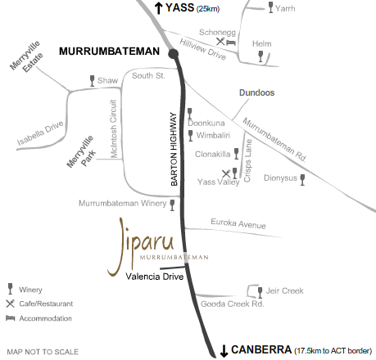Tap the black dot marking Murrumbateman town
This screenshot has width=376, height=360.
coord(173,53)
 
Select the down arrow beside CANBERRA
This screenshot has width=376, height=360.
coord(223,350)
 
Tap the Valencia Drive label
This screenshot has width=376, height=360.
coord(153,277)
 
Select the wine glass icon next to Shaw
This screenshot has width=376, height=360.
coord(92,81)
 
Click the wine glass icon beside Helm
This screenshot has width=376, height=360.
coord(261,56)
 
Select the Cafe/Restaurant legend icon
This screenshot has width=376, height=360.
coord(11,303)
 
